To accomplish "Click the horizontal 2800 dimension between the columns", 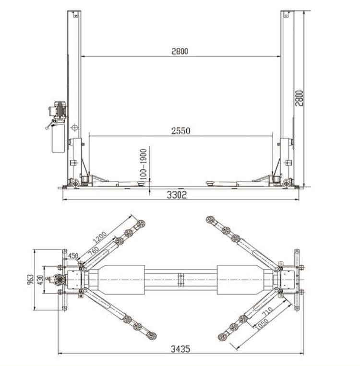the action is coord(180,51).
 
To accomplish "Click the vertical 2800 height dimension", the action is coord(299,98).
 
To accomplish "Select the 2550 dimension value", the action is coord(180,131).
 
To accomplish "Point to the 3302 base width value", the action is coord(177,195).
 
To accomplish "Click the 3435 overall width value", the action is coord(180,349).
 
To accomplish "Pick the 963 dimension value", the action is coord(31,280).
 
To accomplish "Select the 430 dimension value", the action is coord(40,280).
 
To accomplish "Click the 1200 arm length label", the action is coord(100,237).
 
